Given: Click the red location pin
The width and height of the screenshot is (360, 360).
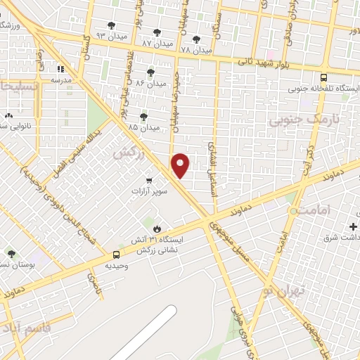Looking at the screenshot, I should pyautogui.click(x=181, y=164).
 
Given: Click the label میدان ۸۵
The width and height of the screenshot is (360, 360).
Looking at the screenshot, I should pyautogui.click(x=143, y=127).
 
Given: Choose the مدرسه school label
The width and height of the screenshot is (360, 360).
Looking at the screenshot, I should pyautogui.click(x=62, y=80).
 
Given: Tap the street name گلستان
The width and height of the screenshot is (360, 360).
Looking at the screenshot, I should pyautogui.click(x=87, y=48).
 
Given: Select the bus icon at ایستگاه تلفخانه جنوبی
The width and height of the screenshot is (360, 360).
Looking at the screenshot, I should pyautogui.click(x=323, y=78).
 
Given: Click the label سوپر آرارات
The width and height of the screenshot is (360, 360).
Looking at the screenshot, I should pyautogui.click(x=147, y=191).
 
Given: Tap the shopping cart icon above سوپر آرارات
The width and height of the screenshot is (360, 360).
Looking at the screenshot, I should pyautogui.click(x=148, y=179).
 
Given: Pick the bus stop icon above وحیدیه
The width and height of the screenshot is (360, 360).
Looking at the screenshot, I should pyautogui.click(x=116, y=255).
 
